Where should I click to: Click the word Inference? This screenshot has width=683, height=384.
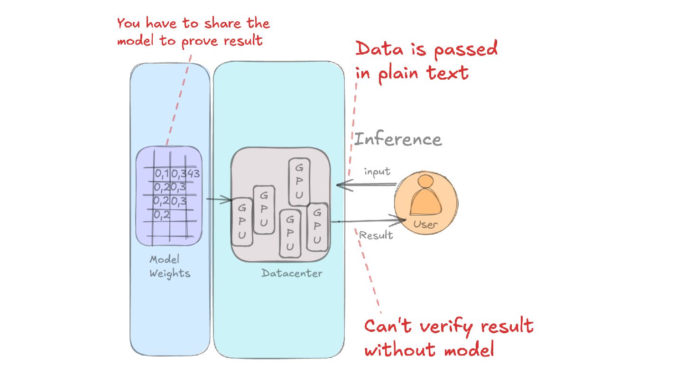tap(398, 139)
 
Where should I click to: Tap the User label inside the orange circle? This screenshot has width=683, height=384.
tap(425, 224)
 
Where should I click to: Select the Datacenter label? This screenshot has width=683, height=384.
tap(292, 274)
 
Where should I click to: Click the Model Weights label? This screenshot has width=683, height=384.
tap(169, 266)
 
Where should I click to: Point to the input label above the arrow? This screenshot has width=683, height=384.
tap(377, 172)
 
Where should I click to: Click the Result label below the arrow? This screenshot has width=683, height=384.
tap(376, 235)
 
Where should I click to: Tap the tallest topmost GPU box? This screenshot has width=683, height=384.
tap(299, 182)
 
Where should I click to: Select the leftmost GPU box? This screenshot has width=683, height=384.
tap(242, 221)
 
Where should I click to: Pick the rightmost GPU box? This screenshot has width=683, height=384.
tap(317, 227)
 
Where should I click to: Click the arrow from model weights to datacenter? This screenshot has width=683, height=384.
tap(218, 200)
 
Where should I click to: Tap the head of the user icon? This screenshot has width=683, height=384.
tap(425, 182)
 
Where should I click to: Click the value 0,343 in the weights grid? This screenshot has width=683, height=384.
tap(185, 174)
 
